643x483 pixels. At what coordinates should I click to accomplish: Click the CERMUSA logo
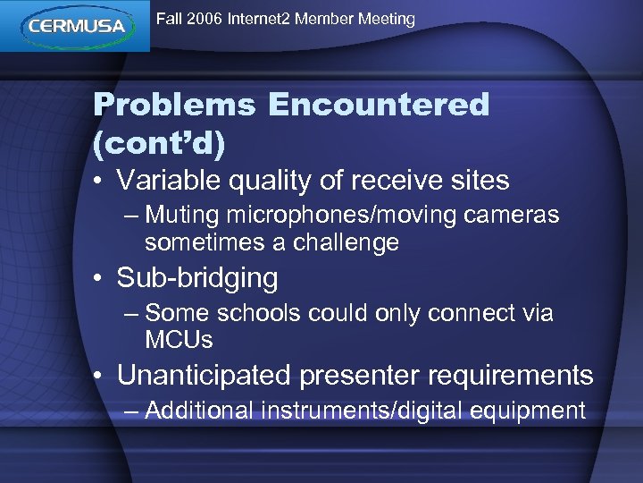pyautogui.click(x=75, y=25)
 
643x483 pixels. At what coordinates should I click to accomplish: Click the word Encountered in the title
pyautogui.click(x=379, y=106)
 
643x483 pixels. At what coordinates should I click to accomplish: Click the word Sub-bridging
pyautogui.click(x=197, y=279)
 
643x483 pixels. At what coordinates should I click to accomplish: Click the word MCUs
pyautogui.click(x=179, y=339)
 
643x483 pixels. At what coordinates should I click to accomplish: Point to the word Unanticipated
pyautogui.click(x=205, y=376)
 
